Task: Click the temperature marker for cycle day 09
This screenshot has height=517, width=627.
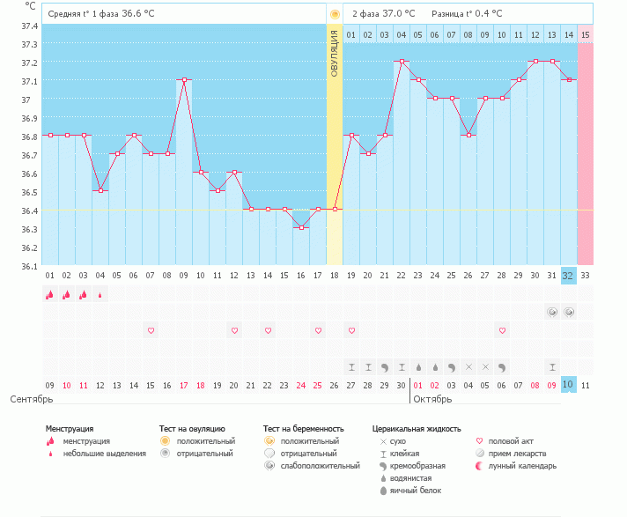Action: (x=184, y=79)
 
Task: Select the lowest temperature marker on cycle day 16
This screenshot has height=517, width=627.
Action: (x=301, y=228)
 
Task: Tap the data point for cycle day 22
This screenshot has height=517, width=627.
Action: (x=402, y=61)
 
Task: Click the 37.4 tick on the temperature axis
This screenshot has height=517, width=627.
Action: (x=29, y=25)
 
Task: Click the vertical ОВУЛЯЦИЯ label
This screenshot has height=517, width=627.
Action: (x=335, y=53)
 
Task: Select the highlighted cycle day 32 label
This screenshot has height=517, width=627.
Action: (x=568, y=275)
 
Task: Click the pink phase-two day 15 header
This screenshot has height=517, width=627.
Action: (x=585, y=34)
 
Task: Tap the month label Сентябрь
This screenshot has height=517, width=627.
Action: (x=32, y=399)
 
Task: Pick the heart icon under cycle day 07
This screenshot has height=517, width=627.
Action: (x=151, y=330)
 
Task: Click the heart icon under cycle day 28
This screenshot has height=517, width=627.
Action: (x=502, y=330)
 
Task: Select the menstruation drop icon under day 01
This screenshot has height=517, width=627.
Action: (x=50, y=295)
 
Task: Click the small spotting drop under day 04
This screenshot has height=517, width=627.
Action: (x=100, y=295)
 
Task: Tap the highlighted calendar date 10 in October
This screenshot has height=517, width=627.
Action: (x=568, y=384)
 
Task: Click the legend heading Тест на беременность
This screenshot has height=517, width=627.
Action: (x=300, y=428)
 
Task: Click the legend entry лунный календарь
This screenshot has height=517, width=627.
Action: (x=513, y=465)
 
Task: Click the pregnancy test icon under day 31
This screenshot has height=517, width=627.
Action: (x=552, y=312)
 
